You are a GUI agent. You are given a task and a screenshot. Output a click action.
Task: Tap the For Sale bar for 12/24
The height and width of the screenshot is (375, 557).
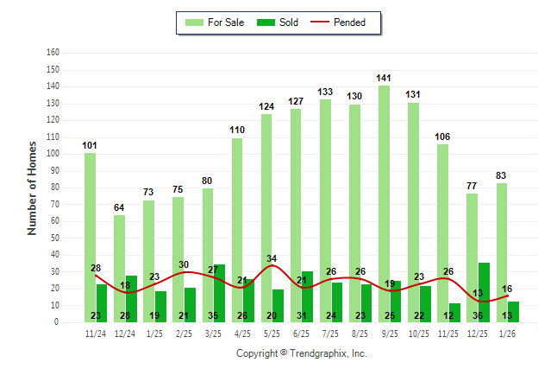[119, 268]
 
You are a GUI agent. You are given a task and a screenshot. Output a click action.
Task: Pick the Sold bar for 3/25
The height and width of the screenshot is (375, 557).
[219, 293]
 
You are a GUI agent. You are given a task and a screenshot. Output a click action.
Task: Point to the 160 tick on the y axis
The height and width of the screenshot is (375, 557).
[53, 53]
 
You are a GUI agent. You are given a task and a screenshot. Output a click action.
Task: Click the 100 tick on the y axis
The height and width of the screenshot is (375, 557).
[53, 154]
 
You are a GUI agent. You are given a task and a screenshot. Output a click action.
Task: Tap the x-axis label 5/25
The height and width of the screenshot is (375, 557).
[272, 333]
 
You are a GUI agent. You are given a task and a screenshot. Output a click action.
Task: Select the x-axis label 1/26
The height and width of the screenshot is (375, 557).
[507, 333]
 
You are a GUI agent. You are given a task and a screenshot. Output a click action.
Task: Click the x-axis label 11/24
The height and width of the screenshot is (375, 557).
[96, 333]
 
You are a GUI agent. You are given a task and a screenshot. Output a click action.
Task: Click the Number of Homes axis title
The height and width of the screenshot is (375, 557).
[33, 187]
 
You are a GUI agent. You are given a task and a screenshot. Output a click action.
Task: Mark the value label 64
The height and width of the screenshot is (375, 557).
[119, 207]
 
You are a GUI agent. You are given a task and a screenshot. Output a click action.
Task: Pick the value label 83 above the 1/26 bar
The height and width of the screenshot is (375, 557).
[501, 175]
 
